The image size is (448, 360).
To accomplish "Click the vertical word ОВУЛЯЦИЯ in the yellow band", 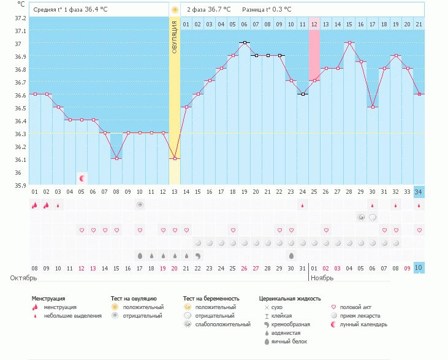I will [175, 37].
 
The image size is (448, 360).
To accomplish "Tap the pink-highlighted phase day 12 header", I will [314, 24].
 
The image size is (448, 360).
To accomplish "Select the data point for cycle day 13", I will [175, 159].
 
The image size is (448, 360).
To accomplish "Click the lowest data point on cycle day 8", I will [116, 159].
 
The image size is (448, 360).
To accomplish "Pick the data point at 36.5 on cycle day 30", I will [372, 107].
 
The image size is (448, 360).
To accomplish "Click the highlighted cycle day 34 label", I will [419, 192].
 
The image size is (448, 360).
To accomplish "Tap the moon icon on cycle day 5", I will [82, 178].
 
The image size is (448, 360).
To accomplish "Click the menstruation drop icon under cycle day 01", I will [35, 205].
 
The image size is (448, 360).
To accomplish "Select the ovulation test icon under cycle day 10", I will [140, 205].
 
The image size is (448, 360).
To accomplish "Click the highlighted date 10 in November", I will [419, 268].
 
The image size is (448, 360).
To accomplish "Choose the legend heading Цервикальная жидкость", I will [290, 299].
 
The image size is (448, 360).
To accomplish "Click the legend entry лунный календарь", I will [365, 324].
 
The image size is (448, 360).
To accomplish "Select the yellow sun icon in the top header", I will [175, 10].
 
